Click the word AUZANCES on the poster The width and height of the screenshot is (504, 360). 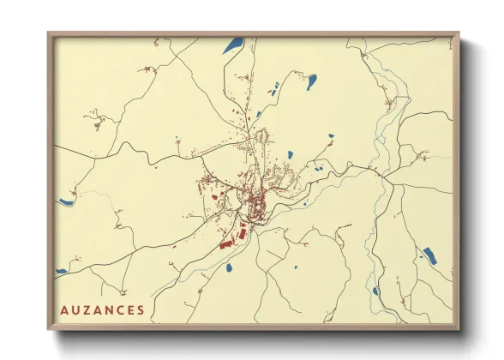(102, 309)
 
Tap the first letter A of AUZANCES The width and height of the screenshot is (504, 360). (64, 309)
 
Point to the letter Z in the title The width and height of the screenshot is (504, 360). (86, 309)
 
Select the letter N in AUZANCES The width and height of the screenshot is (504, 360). (108, 309)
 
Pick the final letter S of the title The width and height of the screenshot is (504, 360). (141, 309)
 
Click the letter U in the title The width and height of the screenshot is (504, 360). (75, 309)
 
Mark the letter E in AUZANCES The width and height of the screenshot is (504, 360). (129, 309)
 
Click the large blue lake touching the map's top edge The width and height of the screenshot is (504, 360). (232, 45)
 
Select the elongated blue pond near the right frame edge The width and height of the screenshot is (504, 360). (429, 255)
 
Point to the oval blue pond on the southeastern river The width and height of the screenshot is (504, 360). (375, 291)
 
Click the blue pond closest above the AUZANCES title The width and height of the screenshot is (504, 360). (62, 272)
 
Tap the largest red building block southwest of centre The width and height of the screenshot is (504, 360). (227, 244)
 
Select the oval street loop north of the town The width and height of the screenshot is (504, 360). (262, 135)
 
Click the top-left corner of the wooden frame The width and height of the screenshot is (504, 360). (49, 34)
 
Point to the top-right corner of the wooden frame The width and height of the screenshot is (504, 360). (459, 34)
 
